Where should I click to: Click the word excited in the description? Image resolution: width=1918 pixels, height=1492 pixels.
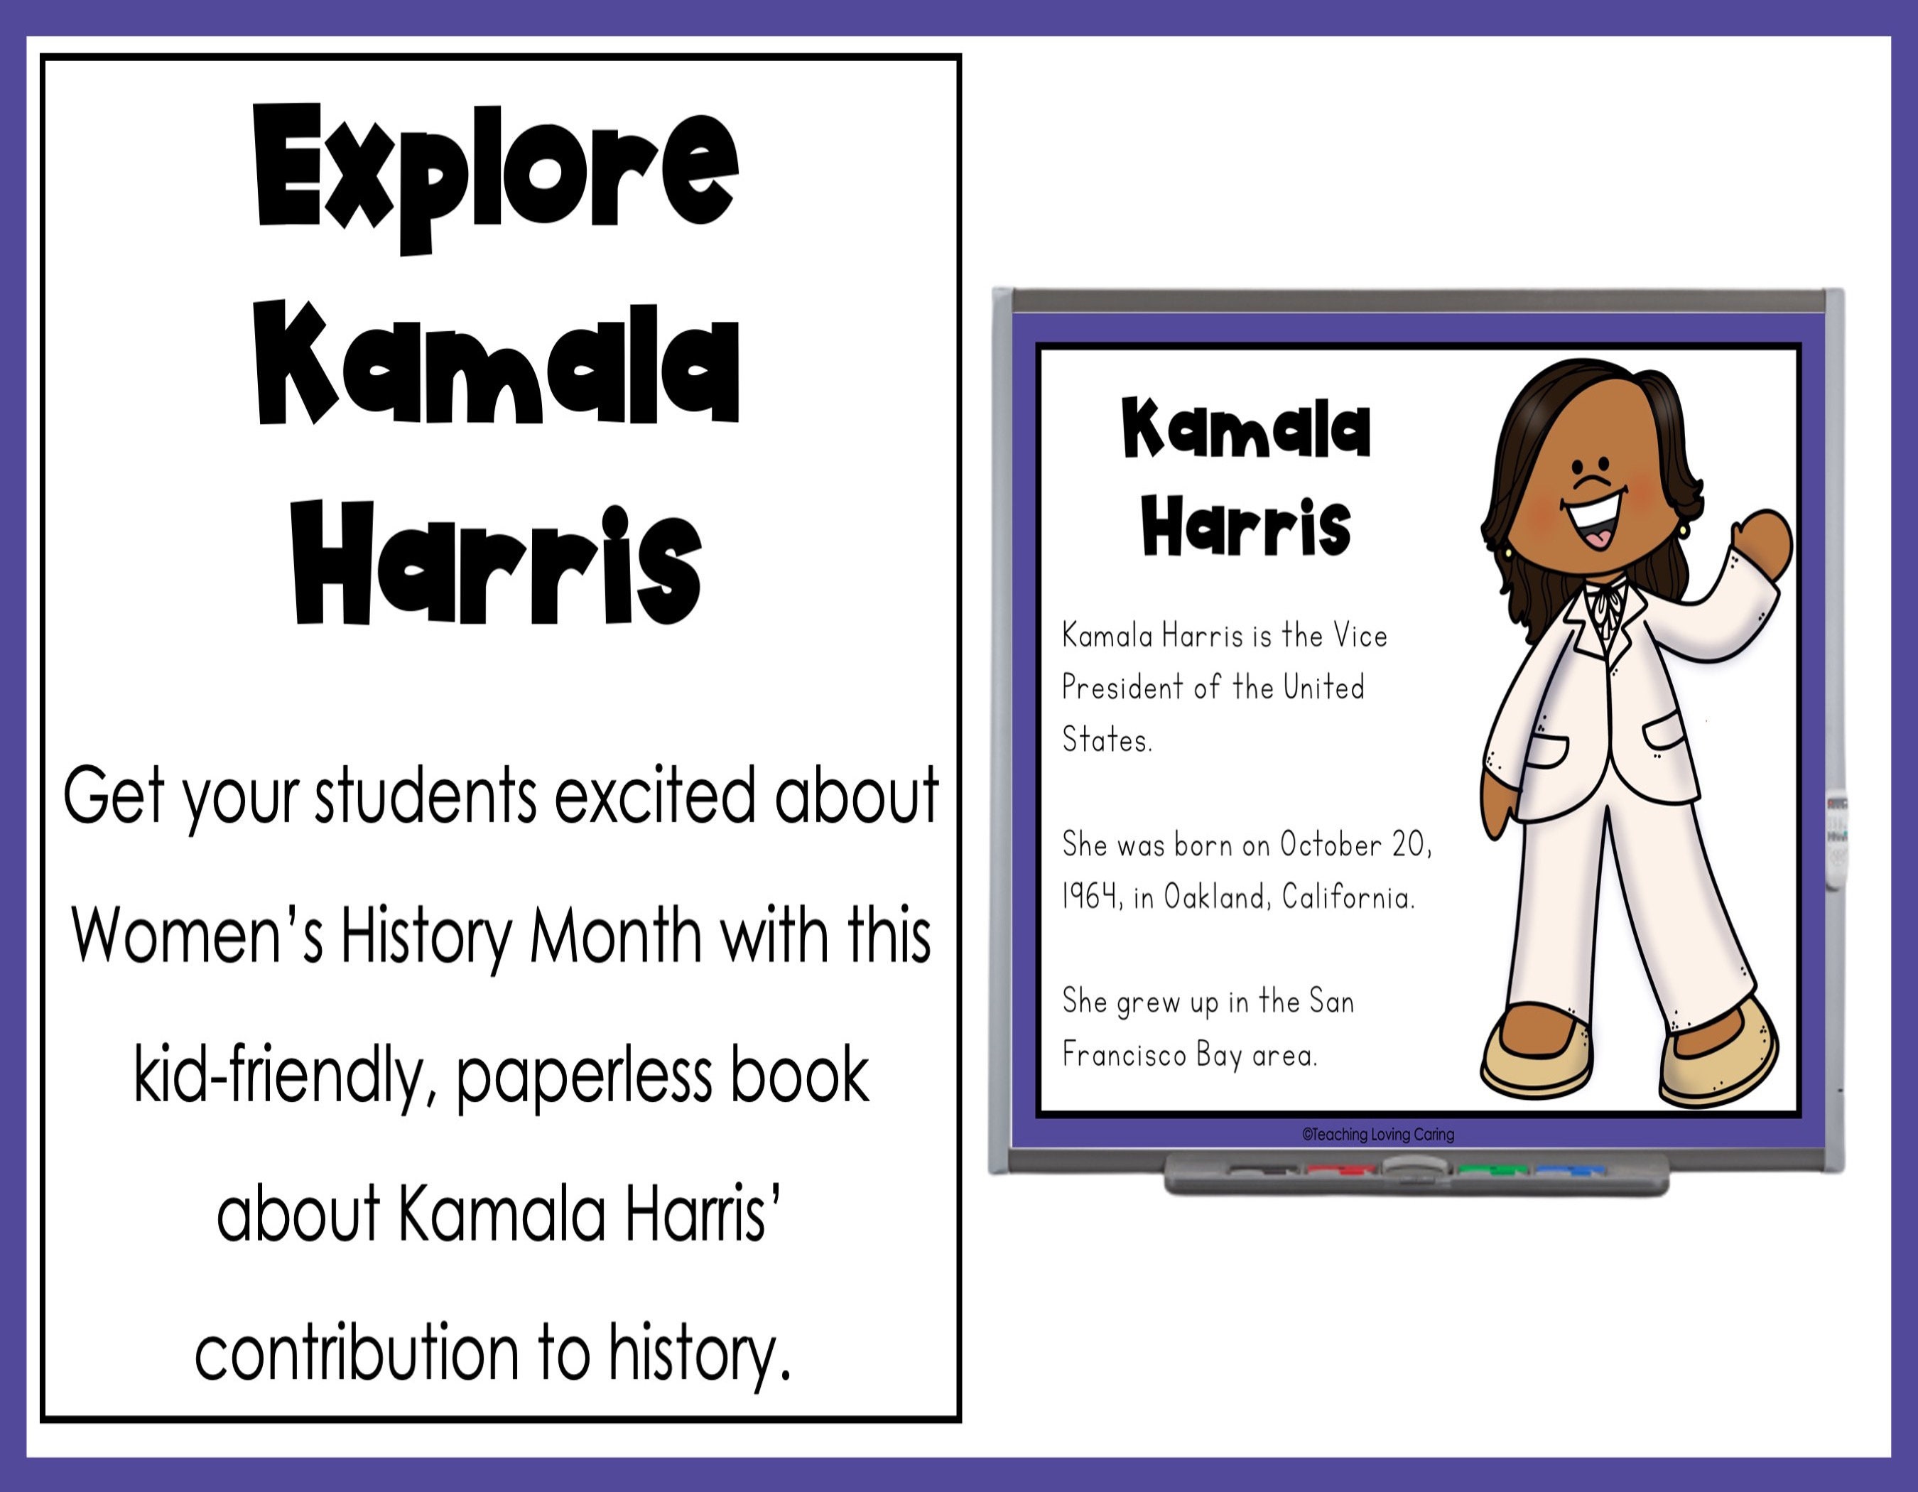[654, 796]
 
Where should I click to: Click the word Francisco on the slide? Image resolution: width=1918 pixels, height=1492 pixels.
[1124, 1054]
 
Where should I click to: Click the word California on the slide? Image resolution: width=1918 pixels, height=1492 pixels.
[1348, 897]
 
